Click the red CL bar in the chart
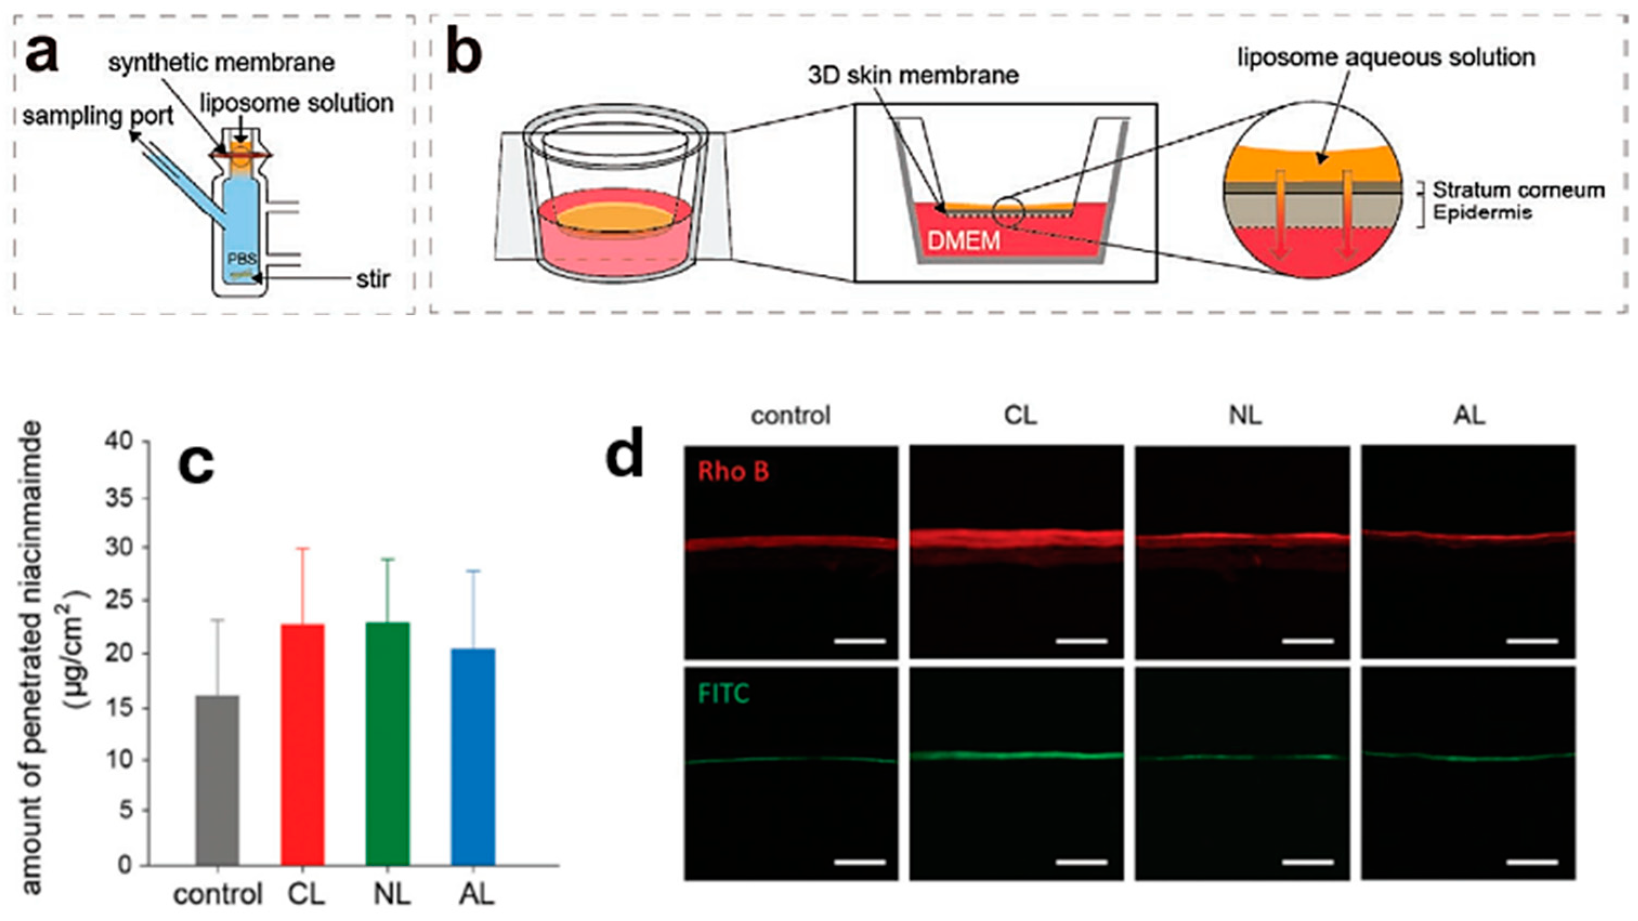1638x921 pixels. tap(303, 744)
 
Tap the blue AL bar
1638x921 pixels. tap(473, 756)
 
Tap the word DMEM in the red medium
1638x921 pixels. tap(964, 241)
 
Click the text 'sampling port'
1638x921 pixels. tap(98, 117)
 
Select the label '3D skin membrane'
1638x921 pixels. tap(913, 76)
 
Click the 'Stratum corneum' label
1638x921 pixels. tap(1518, 190)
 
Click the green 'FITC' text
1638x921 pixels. tap(724, 693)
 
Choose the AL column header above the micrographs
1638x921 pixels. tap(1470, 416)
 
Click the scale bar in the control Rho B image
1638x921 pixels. tap(860, 641)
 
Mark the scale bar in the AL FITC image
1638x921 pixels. tap(1532, 863)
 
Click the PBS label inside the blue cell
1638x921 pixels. tap(243, 259)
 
